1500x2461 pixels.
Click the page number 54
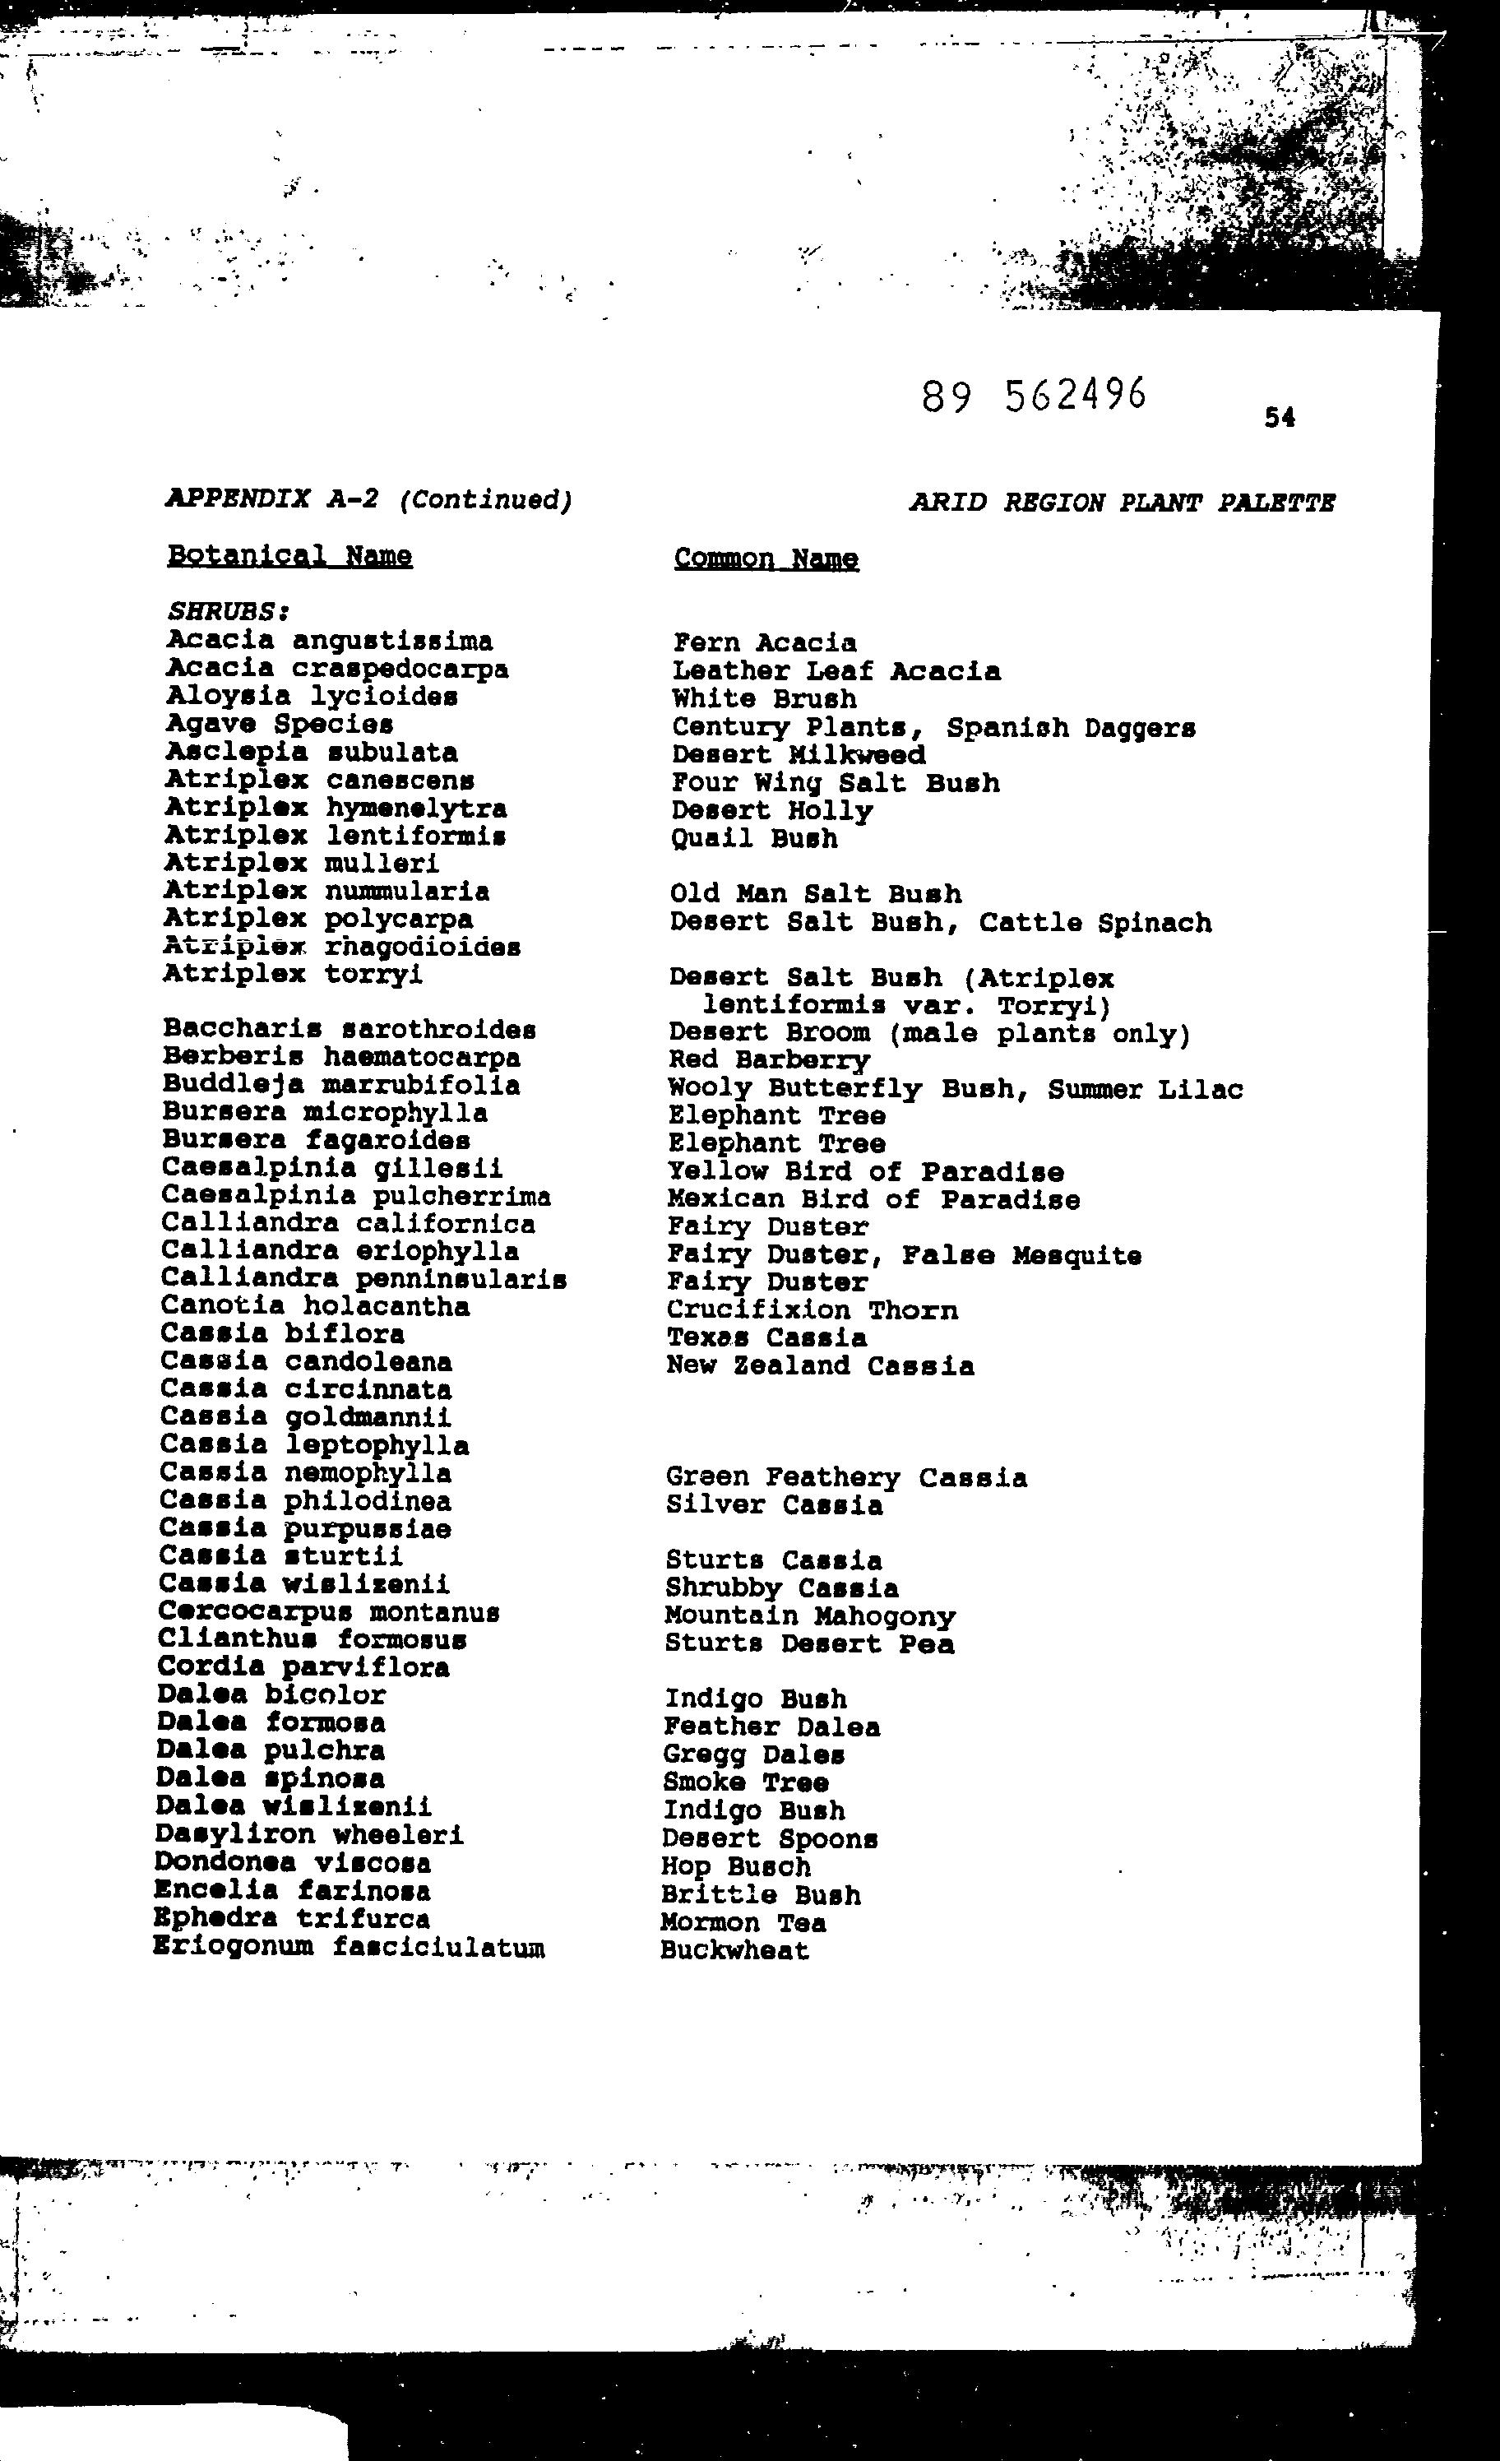coord(1280,418)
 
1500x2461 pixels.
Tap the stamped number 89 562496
coord(1034,396)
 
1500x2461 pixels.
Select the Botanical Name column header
coord(289,555)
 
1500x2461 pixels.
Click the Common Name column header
coord(766,558)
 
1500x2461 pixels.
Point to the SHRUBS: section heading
coord(228,610)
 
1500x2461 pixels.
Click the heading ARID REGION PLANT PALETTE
coord(1122,503)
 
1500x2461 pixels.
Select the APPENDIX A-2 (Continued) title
coord(368,498)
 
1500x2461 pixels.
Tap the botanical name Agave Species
coord(279,723)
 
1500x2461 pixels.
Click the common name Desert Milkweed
coord(798,755)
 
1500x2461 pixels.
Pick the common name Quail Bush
coord(754,838)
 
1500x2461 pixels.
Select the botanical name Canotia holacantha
coord(315,1306)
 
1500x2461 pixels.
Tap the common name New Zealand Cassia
coord(820,1365)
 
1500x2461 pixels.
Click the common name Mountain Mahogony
coord(810,1616)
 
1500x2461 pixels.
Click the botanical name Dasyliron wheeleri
coord(309,1835)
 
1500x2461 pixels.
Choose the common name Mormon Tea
coord(743,1923)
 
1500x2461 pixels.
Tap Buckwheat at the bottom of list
coord(734,1951)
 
